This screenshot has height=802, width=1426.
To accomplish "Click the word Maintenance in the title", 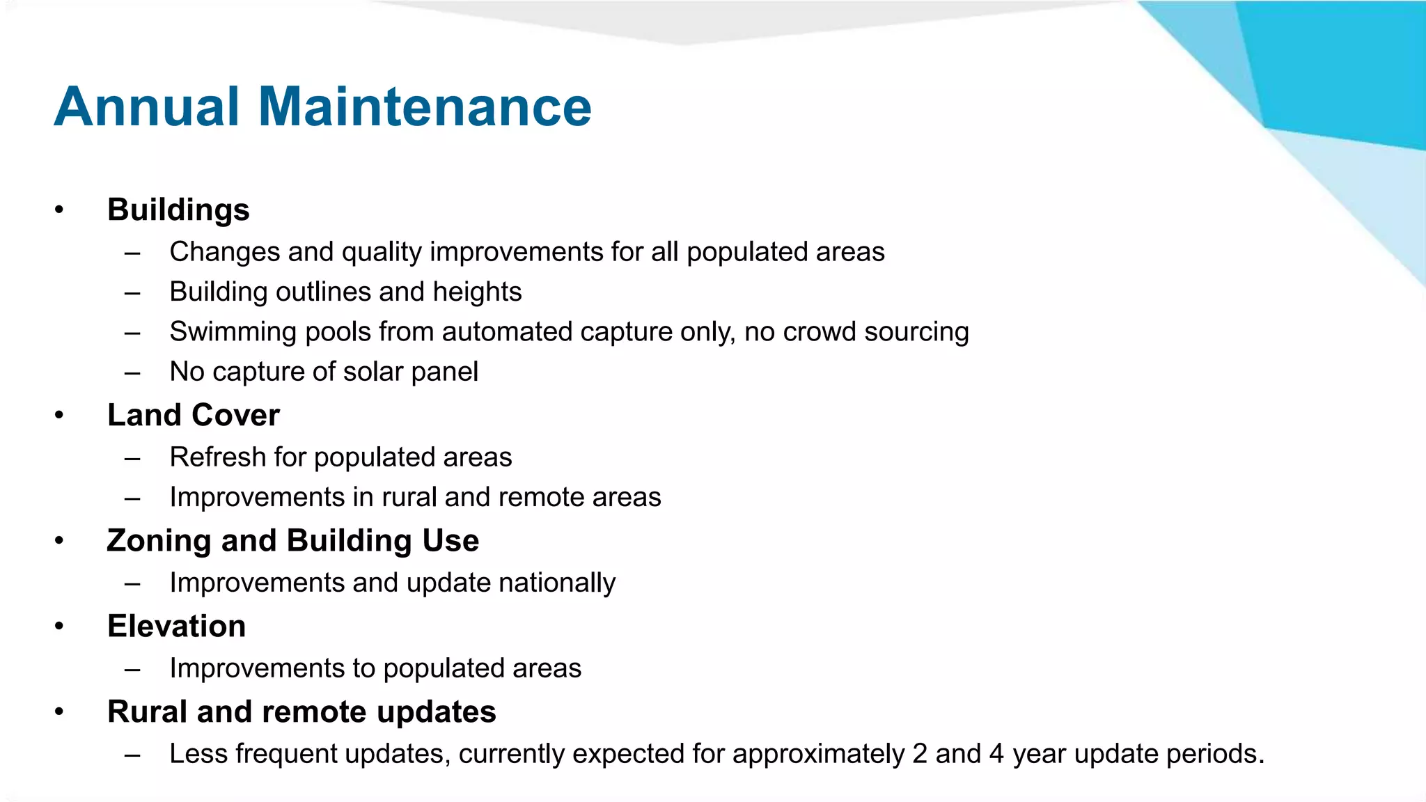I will tap(425, 107).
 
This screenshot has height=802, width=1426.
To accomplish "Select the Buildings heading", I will tap(178, 210).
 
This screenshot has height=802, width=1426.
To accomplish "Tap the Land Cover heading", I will tap(193, 415).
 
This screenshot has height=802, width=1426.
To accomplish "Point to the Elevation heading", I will tap(176, 626).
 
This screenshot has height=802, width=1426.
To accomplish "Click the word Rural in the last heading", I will tap(147, 711).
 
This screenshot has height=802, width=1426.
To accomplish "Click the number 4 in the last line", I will tap(996, 754).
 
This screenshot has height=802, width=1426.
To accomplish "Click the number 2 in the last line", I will tap(920, 754).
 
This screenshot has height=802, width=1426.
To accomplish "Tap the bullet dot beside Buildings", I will tap(59, 210).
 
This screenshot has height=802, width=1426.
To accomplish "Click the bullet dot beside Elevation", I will tap(59, 627).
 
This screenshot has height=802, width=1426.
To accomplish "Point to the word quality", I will tap(382, 252).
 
